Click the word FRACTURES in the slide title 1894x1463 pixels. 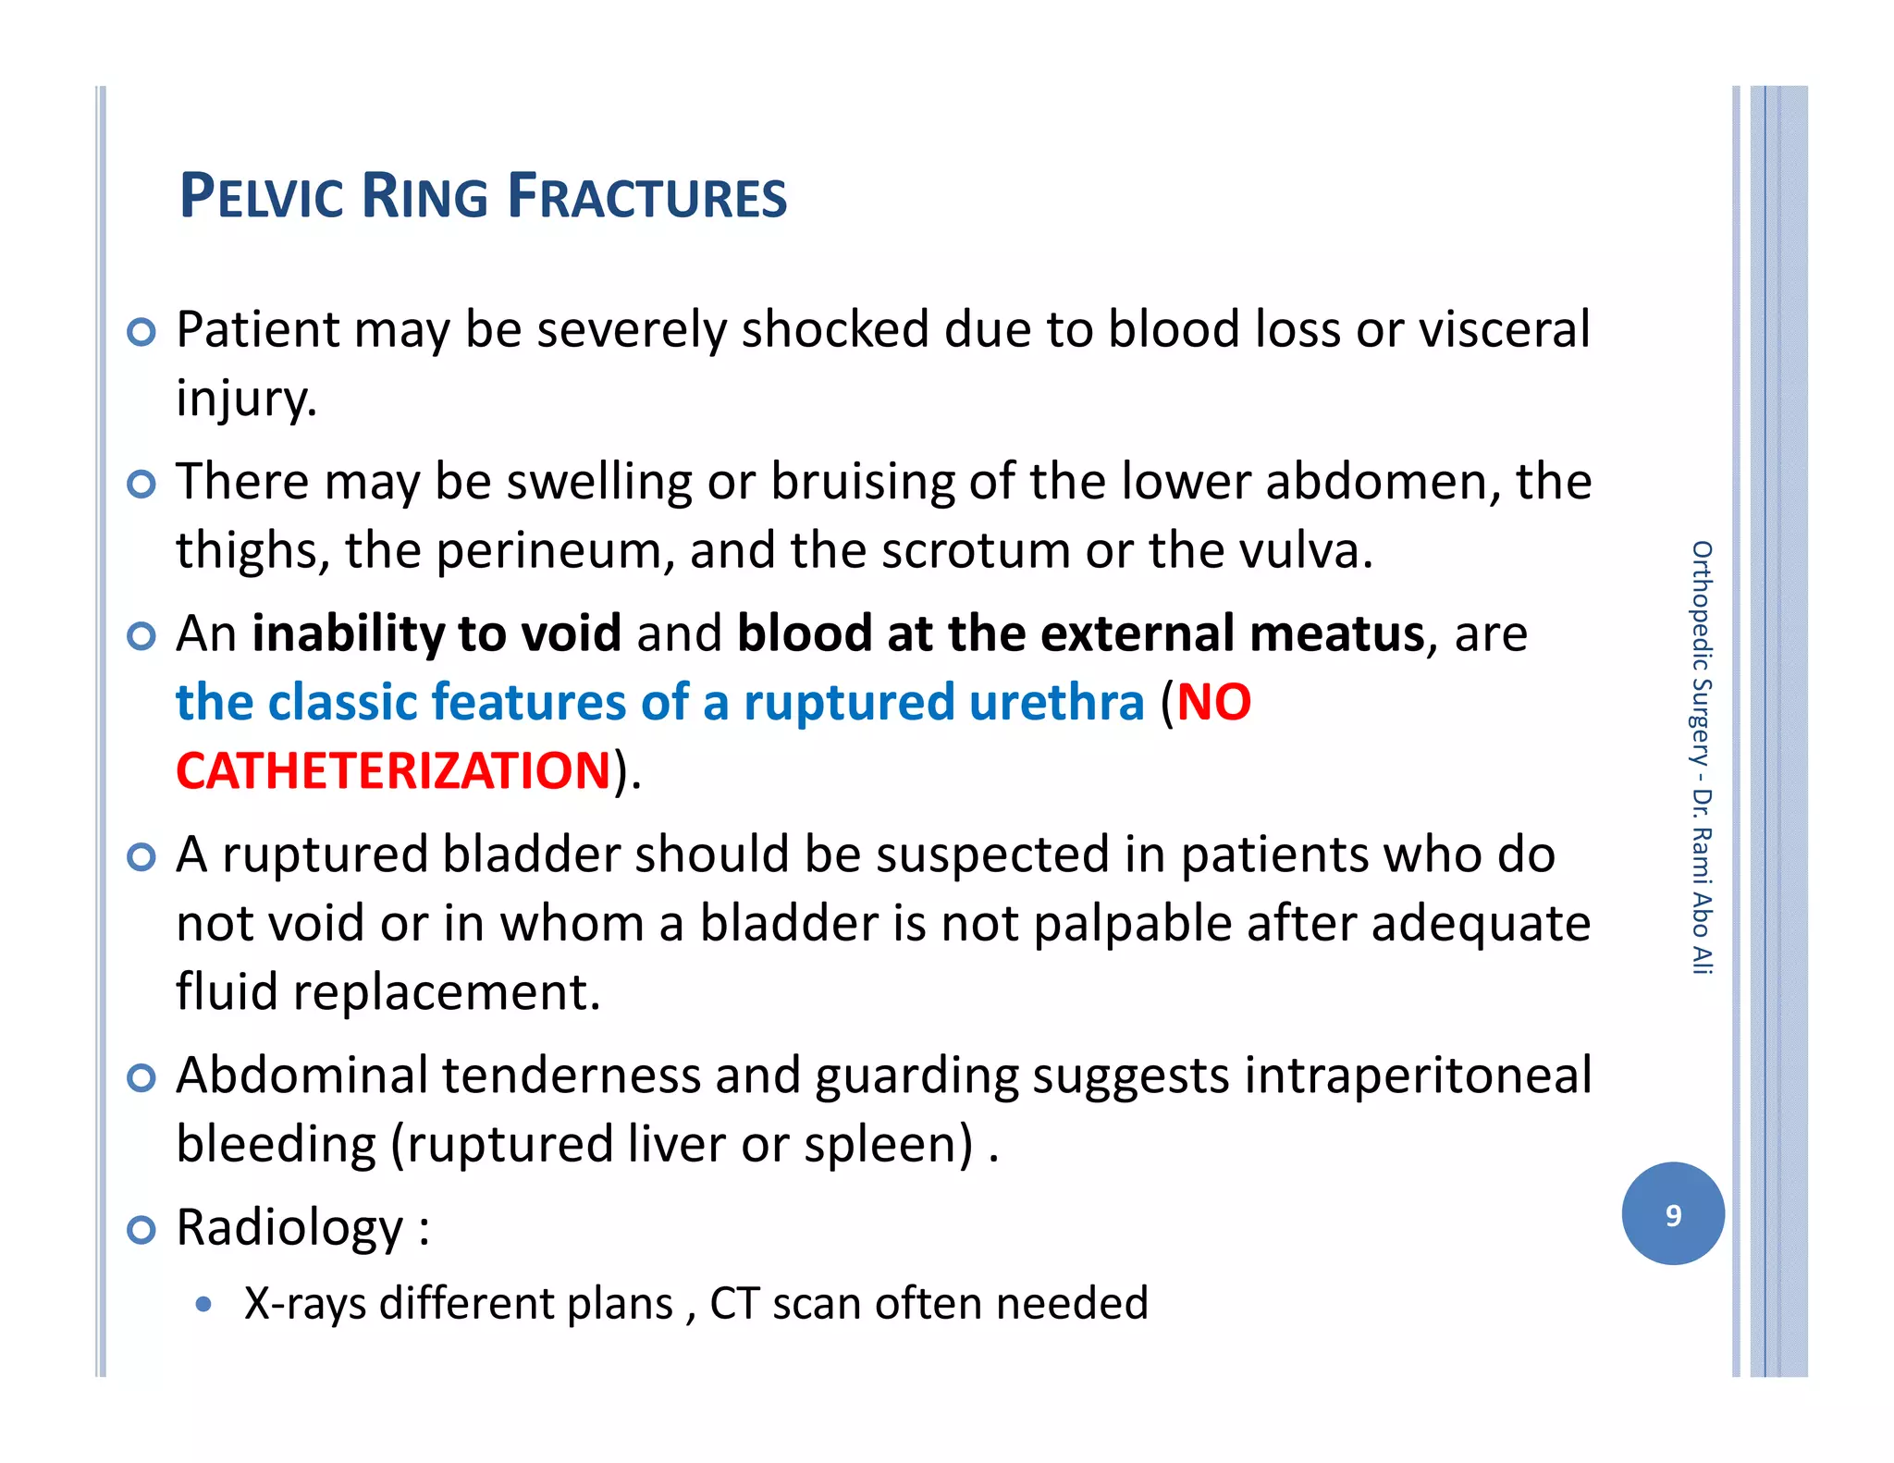pyautogui.click(x=646, y=197)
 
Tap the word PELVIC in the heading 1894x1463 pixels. pyautogui.click(x=261, y=197)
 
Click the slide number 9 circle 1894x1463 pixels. pyautogui.click(x=1672, y=1213)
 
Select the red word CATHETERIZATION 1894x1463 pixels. pyautogui.click(x=393, y=770)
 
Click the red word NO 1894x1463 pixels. pyautogui.click(x=1213, y=702)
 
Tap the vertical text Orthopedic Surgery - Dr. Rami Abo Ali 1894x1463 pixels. pyautogui.click(x=1702, y=756)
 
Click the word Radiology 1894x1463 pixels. pyautogui.click(x=289, y=1227)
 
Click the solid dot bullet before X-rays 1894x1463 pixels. pyautogui.click(x=204, y=1305)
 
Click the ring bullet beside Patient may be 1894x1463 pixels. pyautogui.click(x=141, y=332)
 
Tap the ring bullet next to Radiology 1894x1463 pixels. pyautogui.click(x=141, y=1230)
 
